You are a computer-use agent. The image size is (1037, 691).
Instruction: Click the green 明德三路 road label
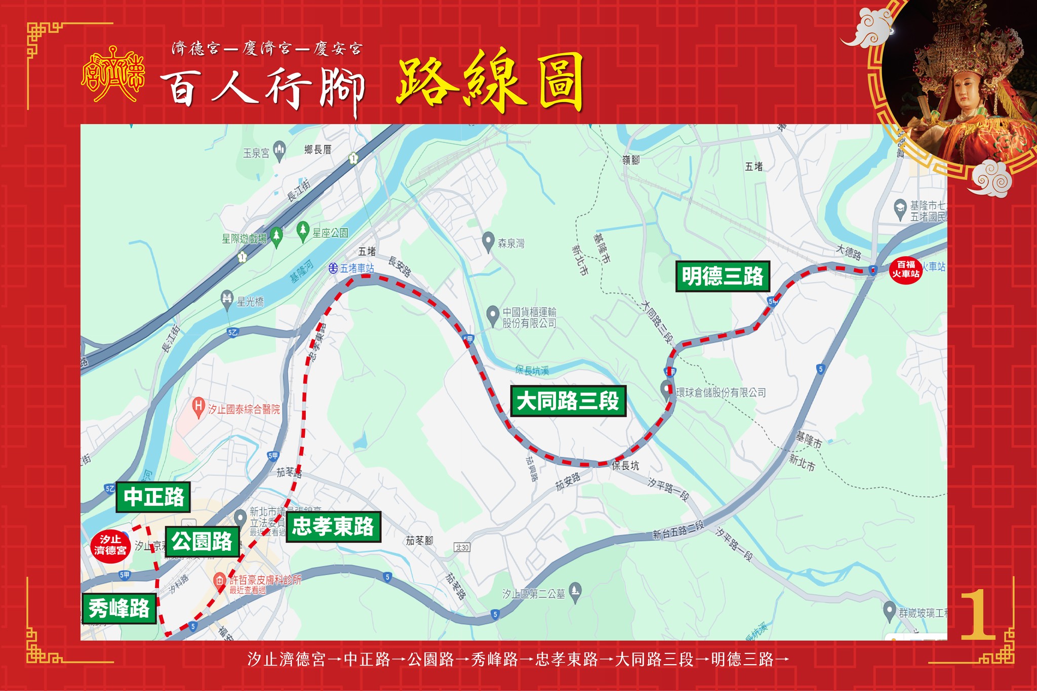point(723,276)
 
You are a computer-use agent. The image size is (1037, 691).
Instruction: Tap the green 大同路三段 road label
point(568,401)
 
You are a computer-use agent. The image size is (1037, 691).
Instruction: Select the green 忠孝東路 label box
point(333,527)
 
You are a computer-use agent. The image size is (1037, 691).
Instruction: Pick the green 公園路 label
point(202,542)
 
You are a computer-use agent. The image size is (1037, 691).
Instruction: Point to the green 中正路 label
point(153,497)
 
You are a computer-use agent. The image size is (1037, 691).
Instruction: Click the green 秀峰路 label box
point(119,608)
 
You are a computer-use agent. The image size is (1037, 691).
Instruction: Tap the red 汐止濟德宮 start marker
point(110,545)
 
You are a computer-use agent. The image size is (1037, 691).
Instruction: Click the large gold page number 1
point(978,615)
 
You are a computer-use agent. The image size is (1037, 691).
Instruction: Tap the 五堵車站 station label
point(357,268)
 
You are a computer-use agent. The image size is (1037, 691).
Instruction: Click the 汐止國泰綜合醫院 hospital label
point(244,409)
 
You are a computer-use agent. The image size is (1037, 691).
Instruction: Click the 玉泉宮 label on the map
point(256,153)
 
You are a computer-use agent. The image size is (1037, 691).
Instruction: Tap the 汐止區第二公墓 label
point(533,594)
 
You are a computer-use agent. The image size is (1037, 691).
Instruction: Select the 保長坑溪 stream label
point(532,371)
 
